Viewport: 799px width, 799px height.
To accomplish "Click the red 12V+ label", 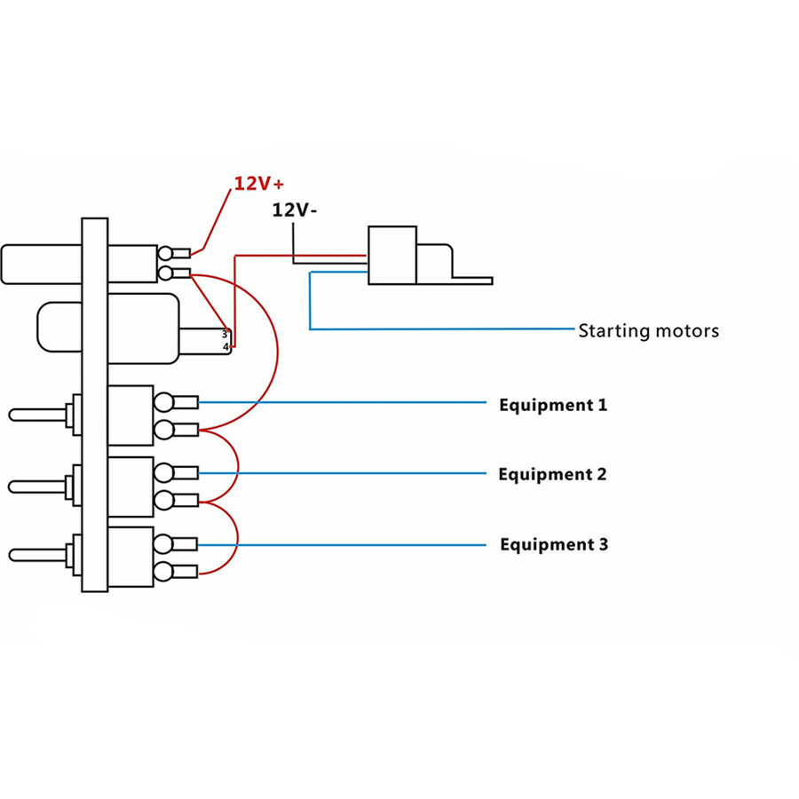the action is click(259, 184).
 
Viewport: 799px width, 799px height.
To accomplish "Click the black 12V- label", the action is click(294, 210).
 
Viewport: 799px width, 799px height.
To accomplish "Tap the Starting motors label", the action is click(648, 331).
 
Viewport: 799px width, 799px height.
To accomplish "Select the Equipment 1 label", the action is click(553, 406).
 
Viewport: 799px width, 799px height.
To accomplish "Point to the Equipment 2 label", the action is click(552, 475).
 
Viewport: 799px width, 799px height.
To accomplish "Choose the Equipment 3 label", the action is click(554, 545).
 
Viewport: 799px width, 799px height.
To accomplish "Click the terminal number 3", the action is click(225, 335).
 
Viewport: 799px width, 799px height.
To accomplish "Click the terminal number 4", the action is click(225, 347).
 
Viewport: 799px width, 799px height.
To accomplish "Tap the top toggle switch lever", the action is click(37, 415).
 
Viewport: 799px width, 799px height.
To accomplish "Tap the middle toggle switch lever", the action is click(37, 487).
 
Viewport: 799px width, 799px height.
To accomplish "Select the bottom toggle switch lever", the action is click(37, 555).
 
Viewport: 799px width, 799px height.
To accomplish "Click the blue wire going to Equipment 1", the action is click(342, 402).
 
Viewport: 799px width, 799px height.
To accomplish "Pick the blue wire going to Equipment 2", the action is click(342, 473).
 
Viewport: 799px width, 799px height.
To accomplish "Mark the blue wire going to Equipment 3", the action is click(342, 545).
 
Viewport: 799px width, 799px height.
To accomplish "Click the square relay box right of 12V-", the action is click(392, 256).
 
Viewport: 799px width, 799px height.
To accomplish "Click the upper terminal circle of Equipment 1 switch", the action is click(163, 402).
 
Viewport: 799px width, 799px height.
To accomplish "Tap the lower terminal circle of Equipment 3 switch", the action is click(163, 572).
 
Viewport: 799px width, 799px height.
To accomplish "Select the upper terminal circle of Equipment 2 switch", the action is click(163, 473).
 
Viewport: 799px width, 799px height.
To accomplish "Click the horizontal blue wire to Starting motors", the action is click(442, 329).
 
